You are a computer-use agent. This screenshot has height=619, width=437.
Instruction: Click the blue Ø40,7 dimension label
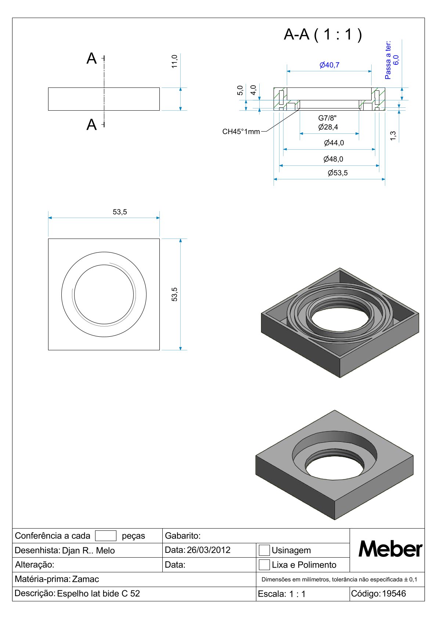tap(329, 65)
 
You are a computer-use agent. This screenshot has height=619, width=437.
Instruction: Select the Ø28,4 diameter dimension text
tap(328, 127)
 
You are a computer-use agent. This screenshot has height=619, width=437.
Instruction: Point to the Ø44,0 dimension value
tap(334, 143)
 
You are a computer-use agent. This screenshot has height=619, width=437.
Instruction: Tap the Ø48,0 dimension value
tap(333, 159)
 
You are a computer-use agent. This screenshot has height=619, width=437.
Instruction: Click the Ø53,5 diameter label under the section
tap(337, 173)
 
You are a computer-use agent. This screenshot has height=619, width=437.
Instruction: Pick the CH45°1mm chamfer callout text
tap(241, 132)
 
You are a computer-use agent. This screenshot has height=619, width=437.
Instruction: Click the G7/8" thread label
tap(328, 118)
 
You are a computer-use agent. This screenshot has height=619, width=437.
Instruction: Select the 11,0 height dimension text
tap(174, 61)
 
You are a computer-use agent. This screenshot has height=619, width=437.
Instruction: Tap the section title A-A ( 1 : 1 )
tap(323, 35)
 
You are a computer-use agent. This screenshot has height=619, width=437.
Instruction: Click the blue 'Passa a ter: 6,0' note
tap(392, 60)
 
